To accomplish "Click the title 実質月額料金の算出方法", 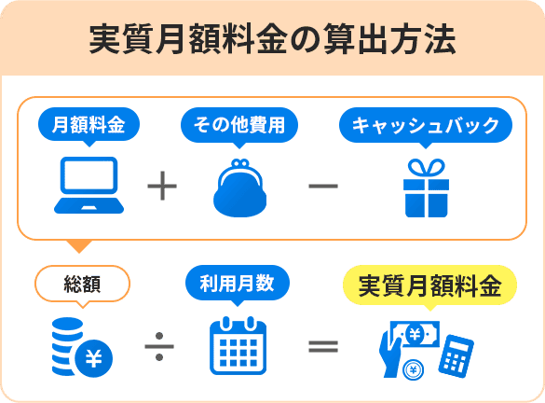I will [272, 39].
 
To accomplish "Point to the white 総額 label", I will [81, 284].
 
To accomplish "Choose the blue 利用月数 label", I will [238, 284].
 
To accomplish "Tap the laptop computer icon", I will [88, 186].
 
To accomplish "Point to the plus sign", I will [162, 187].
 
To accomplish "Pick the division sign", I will [159, 347].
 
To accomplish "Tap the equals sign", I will [322, 347].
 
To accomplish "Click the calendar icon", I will [238, 347].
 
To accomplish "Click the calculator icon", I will [456, 354].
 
